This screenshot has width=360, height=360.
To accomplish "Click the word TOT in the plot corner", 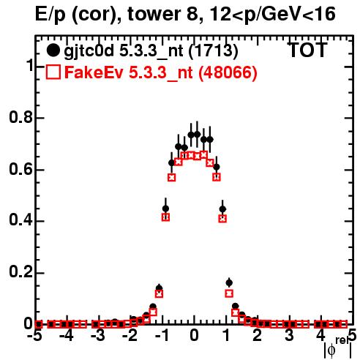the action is click(x=307, y=50).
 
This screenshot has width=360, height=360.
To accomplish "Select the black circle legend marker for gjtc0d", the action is click(x=53, y=50).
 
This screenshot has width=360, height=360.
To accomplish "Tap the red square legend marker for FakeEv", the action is click(x=53, y=72).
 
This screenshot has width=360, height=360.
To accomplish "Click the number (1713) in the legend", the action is click(x=213, y=51).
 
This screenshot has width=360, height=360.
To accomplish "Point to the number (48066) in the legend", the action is click(x=228, y=73).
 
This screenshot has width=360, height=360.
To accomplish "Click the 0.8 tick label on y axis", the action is click(x=20, y=117).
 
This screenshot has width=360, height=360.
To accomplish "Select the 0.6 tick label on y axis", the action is click(x=20, y=169).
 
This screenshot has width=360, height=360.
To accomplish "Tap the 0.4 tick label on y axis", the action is click(x=20, y=220).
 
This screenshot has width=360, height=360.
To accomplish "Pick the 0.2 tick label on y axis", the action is click(x=20, y=272).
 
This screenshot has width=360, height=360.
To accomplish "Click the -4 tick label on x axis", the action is click(x=67, y=336).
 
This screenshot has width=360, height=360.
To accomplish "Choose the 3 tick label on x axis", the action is click(x=289, y=336).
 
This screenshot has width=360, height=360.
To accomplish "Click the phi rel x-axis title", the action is click(x=338, y=348).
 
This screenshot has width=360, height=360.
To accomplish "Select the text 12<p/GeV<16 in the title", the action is click(x=272, y=15).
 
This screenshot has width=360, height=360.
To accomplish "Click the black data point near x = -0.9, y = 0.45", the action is click(x=165, y=209).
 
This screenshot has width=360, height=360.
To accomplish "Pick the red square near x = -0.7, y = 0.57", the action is click(x=172, y=178).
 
